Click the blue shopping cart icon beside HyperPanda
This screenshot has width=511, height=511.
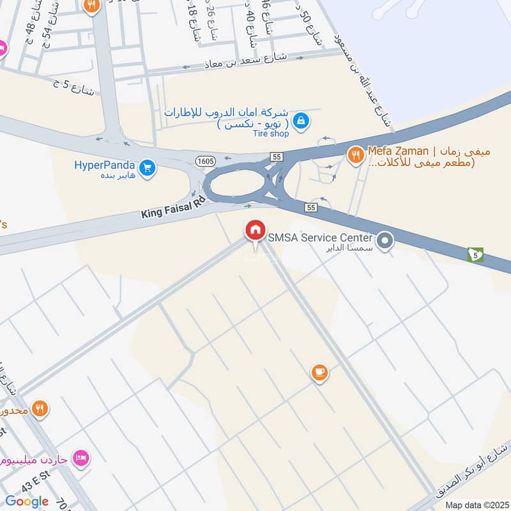[x=148, y=168]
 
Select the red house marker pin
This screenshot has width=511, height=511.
[x=256, y=229]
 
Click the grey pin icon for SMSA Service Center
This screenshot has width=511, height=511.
[x=385, y=241]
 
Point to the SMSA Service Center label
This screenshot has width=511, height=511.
[x=320, y=238]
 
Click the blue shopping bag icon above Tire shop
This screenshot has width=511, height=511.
[x=302, y=119]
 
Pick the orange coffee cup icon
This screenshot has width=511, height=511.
[x=320, y=373]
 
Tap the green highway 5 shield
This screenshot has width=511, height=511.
[x=475, y=254]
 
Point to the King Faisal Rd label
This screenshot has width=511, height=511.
[x=174, y=208]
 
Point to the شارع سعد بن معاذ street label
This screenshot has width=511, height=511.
[x=245, y=61]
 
